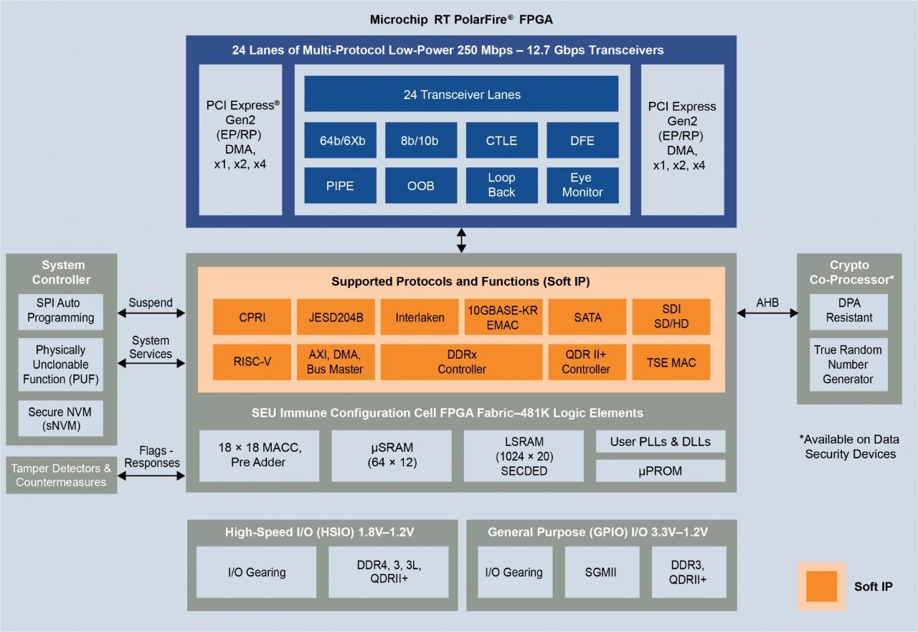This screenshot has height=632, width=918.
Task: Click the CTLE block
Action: click(x=501, y=141)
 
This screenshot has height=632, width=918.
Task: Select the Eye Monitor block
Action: click(x=582, y=185)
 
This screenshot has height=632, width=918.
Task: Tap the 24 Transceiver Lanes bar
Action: click(x=461, y=94)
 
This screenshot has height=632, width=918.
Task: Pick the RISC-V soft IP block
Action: click(x=252, y=362)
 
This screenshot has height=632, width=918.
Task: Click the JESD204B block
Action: click(x=335, y=317)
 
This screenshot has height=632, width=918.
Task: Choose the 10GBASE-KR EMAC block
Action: click(x=501, y=317)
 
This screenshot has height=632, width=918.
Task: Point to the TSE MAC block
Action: click(x=671, y=362)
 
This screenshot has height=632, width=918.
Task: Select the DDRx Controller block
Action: click(x=461, y=362)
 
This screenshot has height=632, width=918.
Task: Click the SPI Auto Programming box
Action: click(x=60, y=311)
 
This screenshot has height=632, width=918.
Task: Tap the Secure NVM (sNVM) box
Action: click(x=60, y=419)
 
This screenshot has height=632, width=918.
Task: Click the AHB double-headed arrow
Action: click(x=767, y=313)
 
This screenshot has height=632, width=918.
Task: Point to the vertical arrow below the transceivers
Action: click(x=461, y=240)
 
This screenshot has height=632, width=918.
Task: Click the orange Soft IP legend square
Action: click(x=821, y=586)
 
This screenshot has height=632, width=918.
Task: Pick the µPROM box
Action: click(x=661, y=471)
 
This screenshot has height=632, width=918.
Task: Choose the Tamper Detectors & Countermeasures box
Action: click(x=61, y=475)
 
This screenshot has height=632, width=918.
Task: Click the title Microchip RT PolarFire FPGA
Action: click(x=461, y=19)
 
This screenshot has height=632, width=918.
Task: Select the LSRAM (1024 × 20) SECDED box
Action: click(x=524, y=456)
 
